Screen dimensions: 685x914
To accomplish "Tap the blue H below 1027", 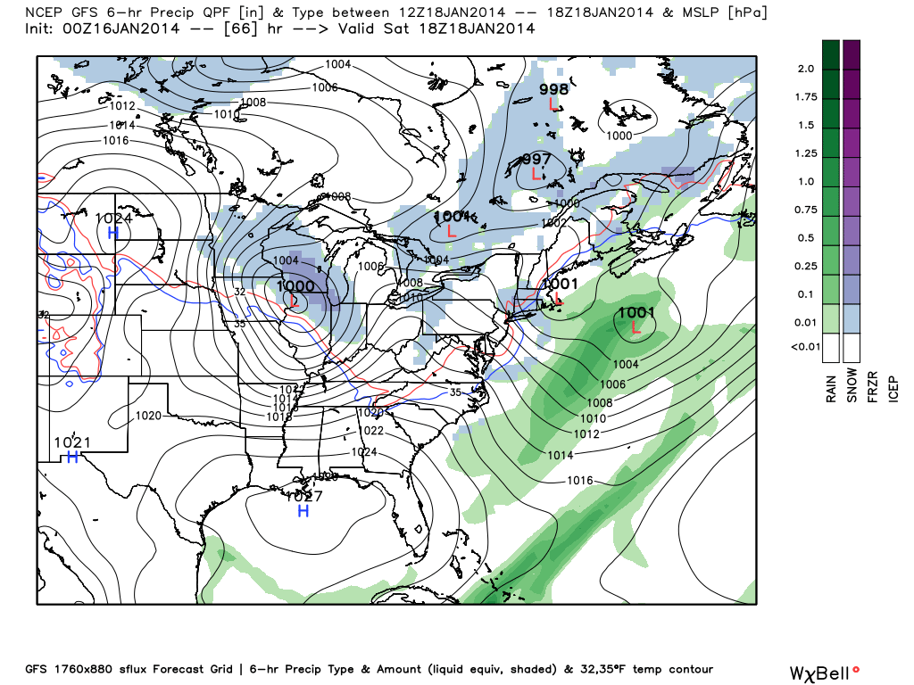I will pos(303,511).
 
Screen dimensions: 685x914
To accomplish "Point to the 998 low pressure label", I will pos(553,89).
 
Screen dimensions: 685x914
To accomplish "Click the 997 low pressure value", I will pos(536,159).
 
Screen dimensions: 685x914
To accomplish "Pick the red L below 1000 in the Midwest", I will pos(295,301).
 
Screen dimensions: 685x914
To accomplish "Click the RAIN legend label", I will pos(831,385).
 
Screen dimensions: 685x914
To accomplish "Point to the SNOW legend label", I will pos(852,385).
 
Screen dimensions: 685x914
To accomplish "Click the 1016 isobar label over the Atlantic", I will pos(580,481).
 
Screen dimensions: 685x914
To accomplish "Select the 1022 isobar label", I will pos(373,431).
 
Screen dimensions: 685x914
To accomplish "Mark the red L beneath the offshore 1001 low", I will pos(636,327).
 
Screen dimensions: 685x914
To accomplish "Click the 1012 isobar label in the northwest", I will pos(122,106).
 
